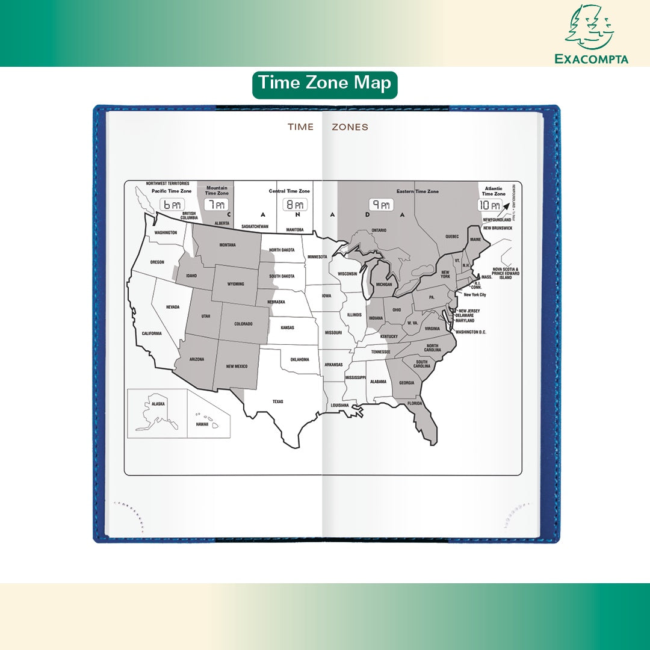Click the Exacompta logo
590,34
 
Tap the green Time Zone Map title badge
324,84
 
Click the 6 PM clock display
172,205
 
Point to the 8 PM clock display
295,205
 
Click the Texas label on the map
277,401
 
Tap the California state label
152,333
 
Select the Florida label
414,403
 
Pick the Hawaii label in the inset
202,424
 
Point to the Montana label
227,245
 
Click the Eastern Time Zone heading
417,191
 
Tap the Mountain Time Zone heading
217,191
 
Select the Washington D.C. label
471,332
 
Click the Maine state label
475,240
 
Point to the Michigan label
383,285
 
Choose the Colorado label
244,324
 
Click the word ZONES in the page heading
350,127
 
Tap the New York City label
475,295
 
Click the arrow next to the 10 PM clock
507,205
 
